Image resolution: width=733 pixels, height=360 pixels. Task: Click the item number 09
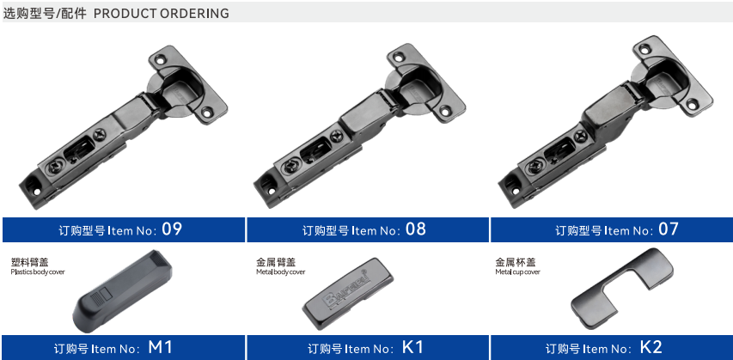coord(171,229)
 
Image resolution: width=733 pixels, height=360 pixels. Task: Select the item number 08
coord(416,229)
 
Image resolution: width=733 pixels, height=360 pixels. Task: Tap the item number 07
coord(668,229)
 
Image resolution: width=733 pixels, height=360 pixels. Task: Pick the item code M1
coord(161,347)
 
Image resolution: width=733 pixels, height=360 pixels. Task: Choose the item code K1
coord(412,347)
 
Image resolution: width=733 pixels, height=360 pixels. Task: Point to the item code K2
coord(651,347)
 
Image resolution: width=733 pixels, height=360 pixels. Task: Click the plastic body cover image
coord(123,290)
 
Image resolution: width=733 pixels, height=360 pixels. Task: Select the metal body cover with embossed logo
coord(348,294)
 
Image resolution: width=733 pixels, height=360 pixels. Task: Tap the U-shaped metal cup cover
coord(622,289)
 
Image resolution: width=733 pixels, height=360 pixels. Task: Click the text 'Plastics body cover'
coord(38,272)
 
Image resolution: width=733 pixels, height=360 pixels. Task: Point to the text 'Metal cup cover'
coord(517,272)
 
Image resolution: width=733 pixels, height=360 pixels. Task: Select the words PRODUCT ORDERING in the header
coord(162,13)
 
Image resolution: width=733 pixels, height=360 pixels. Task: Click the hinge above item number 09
coord(124,126)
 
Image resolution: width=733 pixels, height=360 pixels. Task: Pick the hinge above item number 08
coord(360,125)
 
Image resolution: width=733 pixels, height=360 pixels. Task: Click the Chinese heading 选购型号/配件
coord(45,13)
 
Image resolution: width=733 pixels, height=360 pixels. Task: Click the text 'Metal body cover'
coord(280,272)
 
